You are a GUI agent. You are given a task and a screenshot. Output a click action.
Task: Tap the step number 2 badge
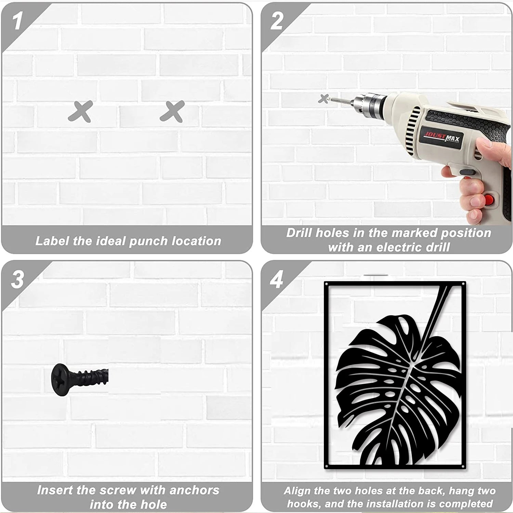pyautogui.click(x=276, y=21)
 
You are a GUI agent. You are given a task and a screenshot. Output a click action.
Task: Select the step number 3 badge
pyautogui.click(x=17, y=279)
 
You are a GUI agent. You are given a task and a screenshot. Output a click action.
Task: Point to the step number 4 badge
pyautogui.click(x=276, y=279)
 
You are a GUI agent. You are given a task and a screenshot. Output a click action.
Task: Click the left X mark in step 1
pyautogui.click(x=80, y=111)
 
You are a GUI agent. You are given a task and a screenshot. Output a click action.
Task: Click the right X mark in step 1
pyautogui.click(x=173, y=111)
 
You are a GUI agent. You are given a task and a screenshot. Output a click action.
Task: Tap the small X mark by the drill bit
pyautogui.click(x=323, y=98)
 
